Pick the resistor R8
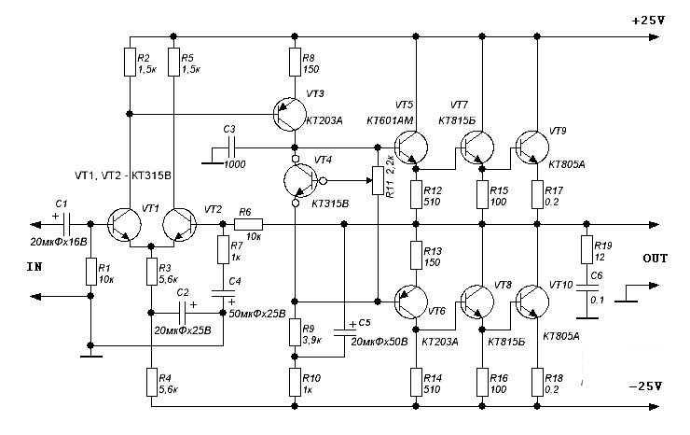pyautogui.click(x=295, y=63)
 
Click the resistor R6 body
pyautogui.click(x=249, y=225)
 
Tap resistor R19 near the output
pyautogui.click(x=586, y=249)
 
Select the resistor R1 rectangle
pyautogui.click(x=90, y=272)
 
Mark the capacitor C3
pyautogui.click(x=230, y=147)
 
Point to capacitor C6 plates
pyautogui.click(x=586, y=288)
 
